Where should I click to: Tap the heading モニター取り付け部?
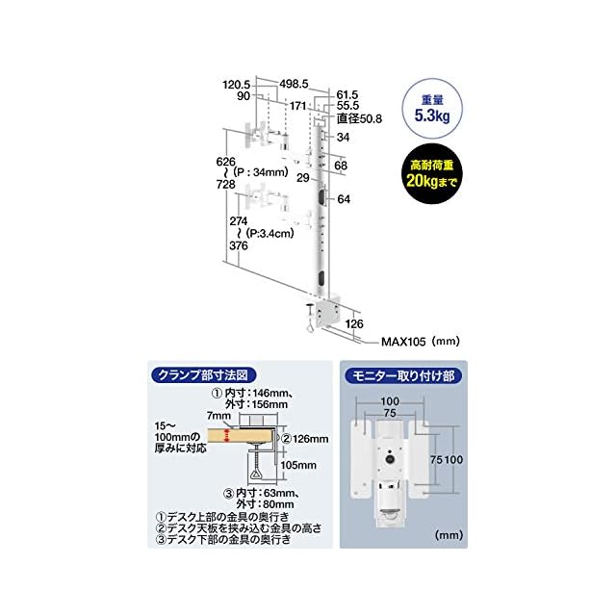coord(403,375)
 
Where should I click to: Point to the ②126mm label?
coord(305,439)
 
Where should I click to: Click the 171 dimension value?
coord(298,105)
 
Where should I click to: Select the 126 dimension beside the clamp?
coord(355,323)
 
